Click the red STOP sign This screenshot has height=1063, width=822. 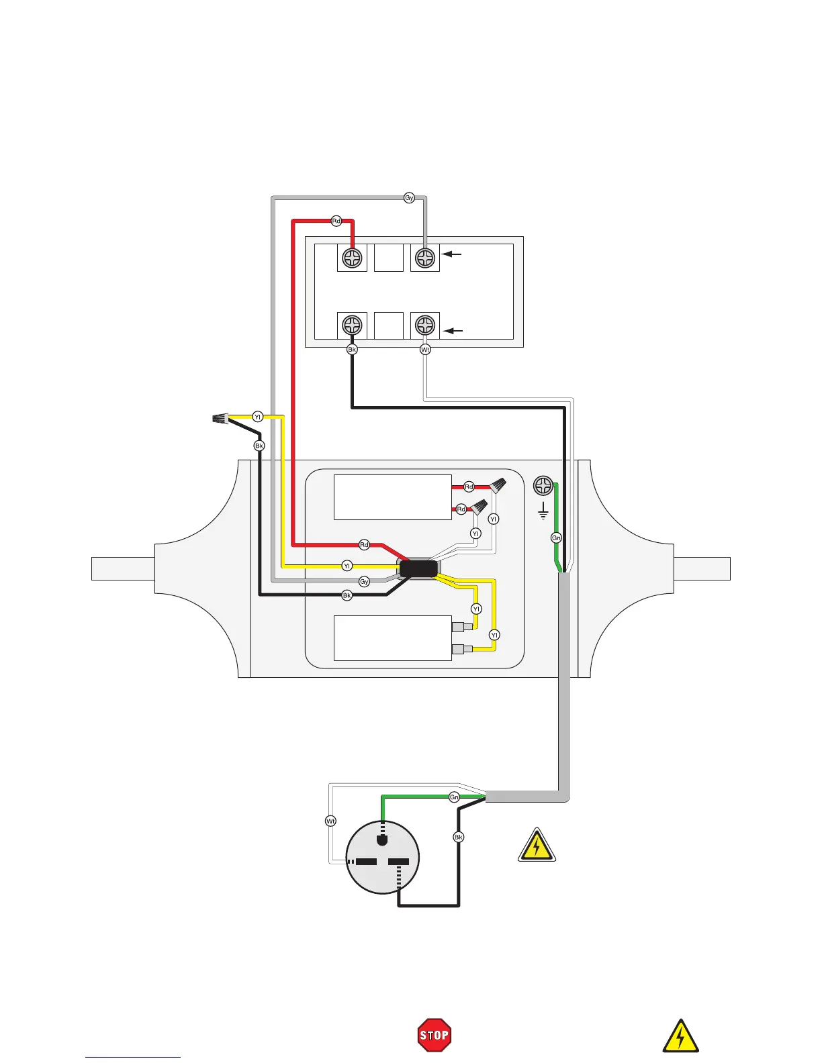[434, 1035]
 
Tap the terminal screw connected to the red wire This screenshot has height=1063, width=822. [352, 258]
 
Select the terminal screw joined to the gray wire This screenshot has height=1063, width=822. [425, 258]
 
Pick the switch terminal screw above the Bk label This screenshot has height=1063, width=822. [352, 325]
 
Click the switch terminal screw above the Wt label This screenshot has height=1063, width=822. [425, 325]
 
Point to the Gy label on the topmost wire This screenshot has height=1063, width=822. [409, 198]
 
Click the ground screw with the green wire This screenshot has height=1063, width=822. [543, 485]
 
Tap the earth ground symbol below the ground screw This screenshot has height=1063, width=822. [543, 514]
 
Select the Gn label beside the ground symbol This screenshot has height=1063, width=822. [556, 538]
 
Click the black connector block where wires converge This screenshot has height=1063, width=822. [418, 570]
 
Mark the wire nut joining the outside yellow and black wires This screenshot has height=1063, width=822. [219, 420]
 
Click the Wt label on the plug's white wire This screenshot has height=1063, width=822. [330, 821]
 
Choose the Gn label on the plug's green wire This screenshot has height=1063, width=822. [455, 797]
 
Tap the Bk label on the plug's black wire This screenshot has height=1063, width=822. [459, 837]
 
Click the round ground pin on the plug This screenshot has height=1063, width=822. [383, 839]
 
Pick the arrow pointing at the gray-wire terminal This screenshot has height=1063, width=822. [454, 254]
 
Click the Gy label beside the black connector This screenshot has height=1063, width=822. [364, 581]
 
